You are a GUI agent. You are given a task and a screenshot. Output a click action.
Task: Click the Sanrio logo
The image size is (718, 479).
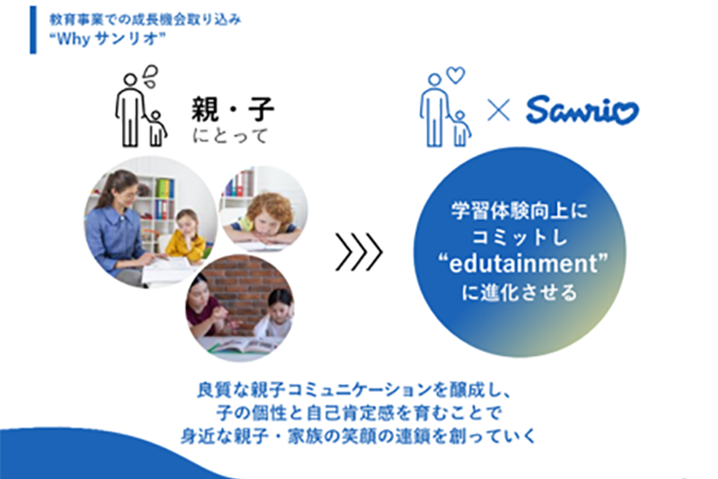(582, 109)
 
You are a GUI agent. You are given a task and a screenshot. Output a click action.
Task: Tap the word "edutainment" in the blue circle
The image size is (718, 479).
(523, 263)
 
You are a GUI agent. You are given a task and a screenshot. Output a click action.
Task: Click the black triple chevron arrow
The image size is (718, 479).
(359, 252)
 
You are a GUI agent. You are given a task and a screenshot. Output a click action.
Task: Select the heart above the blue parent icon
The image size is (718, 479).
(456, 75)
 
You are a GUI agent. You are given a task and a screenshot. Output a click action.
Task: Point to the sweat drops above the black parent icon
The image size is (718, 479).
(150, 76)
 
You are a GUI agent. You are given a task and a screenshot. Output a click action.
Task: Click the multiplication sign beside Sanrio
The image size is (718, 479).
(498, 110)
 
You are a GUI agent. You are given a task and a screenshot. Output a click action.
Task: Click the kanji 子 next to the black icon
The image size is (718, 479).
(261, 109)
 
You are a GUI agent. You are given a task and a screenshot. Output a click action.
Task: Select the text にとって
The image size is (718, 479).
(230, 136)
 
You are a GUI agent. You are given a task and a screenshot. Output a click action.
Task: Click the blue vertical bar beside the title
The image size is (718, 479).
(33, 30)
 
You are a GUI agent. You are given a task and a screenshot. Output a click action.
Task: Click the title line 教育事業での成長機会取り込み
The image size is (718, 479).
(145, 20)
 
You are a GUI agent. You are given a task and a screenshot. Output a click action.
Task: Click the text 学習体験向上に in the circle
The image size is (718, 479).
(519, 211)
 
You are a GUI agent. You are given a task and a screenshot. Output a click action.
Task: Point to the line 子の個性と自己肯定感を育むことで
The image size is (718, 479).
(359, 413)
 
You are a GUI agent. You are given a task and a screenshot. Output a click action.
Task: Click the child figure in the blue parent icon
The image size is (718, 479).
(461, 129)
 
